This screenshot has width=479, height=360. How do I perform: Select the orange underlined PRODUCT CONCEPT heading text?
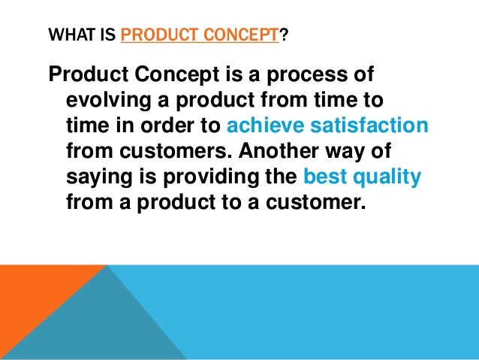pyautogui.click(x=199, y=35)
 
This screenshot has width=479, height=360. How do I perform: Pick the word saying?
pyautogui.click(x=97, y=177)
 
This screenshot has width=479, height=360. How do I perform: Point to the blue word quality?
pyautogui.click(x=387, y=177)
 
